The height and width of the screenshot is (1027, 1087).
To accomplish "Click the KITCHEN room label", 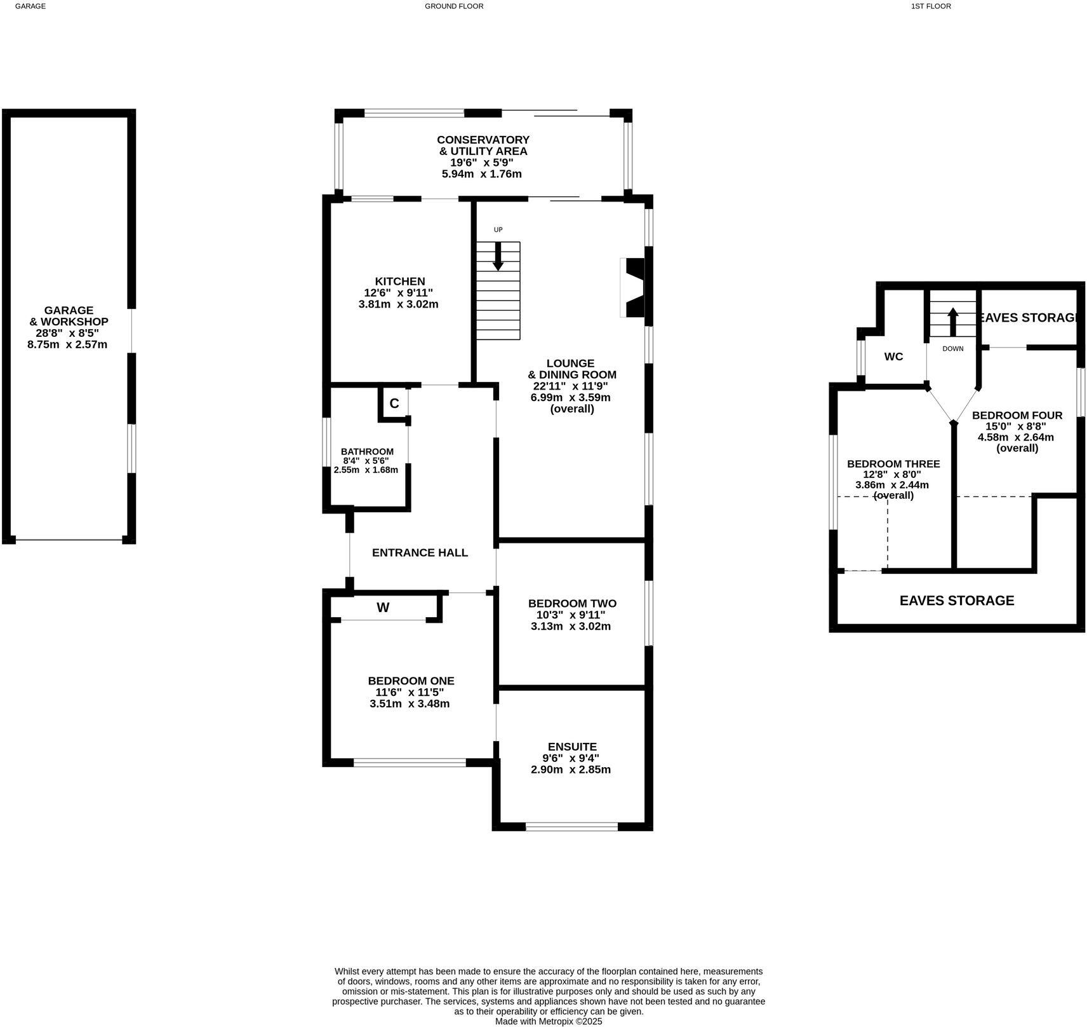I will (x=399, y=282).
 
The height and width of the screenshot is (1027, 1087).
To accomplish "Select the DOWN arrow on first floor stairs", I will (x=952, y=322).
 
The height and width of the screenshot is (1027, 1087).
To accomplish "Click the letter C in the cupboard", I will (x=394, y=404).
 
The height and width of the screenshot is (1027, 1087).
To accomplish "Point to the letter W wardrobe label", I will (x=383, y=608).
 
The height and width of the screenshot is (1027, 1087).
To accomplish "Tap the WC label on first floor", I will (x=893, y=357).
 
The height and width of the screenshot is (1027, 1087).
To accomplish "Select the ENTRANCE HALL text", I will (x=420, y=553).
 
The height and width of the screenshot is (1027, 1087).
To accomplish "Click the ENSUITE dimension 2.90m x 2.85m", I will (x=571, y=770).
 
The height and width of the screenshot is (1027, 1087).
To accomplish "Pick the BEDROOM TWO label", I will (x=572, y=603).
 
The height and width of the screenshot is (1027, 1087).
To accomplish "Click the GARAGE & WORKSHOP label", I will (x=69, y=316).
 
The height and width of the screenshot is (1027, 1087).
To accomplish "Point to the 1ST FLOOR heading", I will (x=931, y=6).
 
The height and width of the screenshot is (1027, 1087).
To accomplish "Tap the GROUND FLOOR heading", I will (x=454, y=6).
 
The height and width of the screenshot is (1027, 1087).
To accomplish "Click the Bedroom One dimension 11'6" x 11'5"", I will (x=410, y=692).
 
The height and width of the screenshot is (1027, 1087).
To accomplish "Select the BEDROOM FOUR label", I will (x=1017, y=415).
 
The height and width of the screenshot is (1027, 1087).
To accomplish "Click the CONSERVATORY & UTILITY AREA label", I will (x=483, y=145).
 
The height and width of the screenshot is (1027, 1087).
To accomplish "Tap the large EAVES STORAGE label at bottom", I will (x=956, y=601).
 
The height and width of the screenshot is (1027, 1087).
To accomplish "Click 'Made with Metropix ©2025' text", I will (x=549, y=1021).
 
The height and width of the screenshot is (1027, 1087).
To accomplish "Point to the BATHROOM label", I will (x=367, y=451).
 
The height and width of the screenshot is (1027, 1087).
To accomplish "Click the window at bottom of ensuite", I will (x=571, y=826).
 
